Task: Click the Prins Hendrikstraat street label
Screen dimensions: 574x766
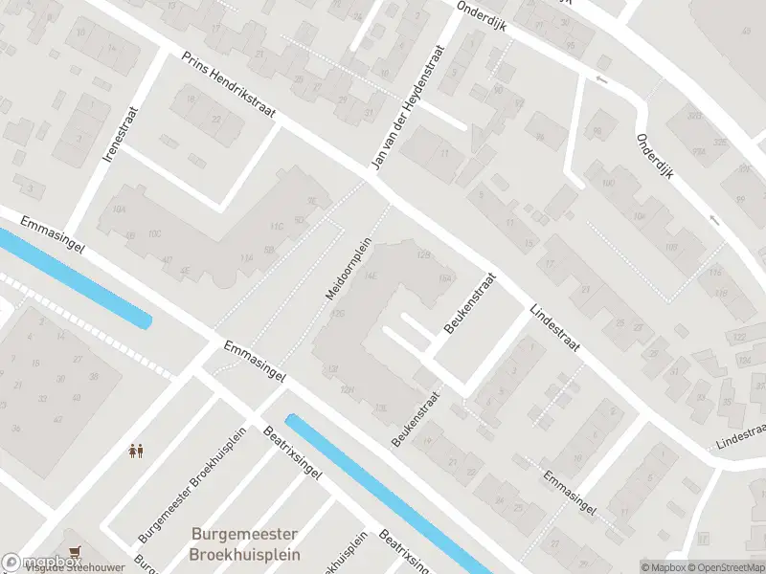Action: pos(229,85)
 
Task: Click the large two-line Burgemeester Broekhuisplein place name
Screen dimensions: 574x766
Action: pos(245,544)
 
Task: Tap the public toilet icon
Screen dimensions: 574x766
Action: pos(136,450)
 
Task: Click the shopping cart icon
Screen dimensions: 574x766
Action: pos(75,551)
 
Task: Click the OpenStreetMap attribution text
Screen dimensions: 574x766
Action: pos(724,567)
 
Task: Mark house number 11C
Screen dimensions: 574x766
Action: pos(278,227)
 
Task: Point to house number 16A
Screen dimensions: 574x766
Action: pos(444,278)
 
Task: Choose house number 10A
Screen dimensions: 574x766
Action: pos(119,209)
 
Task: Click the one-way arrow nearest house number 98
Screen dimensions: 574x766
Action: pos(601,79)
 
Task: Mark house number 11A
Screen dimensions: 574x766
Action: pos(246,257)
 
